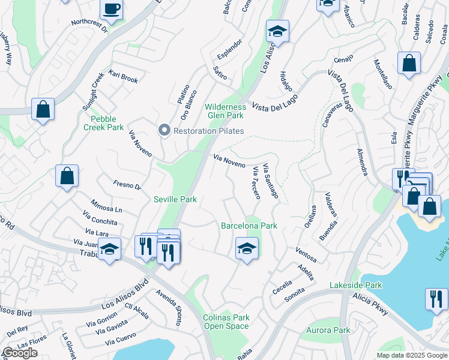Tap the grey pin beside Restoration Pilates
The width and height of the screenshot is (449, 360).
click(163, 130)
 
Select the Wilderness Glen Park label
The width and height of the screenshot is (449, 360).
click(226, 111)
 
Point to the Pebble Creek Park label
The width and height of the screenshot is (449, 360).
click(103, 123)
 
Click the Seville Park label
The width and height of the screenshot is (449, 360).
click(175, 199)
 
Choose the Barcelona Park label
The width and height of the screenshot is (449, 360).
click(249, 226)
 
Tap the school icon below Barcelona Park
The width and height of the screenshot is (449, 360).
click(246, 248)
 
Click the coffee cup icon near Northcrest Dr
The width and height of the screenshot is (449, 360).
click(111, 9)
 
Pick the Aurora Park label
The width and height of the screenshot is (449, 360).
click(328, 331)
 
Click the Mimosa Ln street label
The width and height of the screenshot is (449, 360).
click(106, 205)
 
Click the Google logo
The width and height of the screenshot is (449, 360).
click(20, 353)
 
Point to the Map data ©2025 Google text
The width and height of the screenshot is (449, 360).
click(411, 355)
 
